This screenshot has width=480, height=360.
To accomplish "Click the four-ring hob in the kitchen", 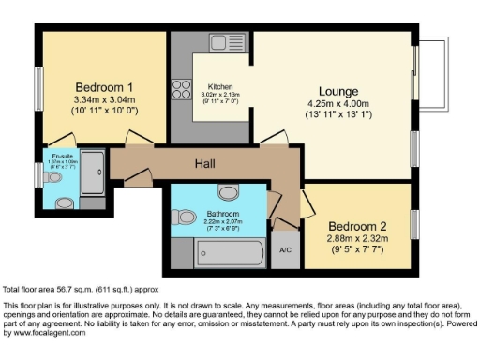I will [179, 88].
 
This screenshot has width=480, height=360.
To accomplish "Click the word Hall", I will [205, 164].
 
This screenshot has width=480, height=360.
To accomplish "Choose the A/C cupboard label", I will [286, 250].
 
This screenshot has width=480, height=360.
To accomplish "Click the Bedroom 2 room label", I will [358, 226].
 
